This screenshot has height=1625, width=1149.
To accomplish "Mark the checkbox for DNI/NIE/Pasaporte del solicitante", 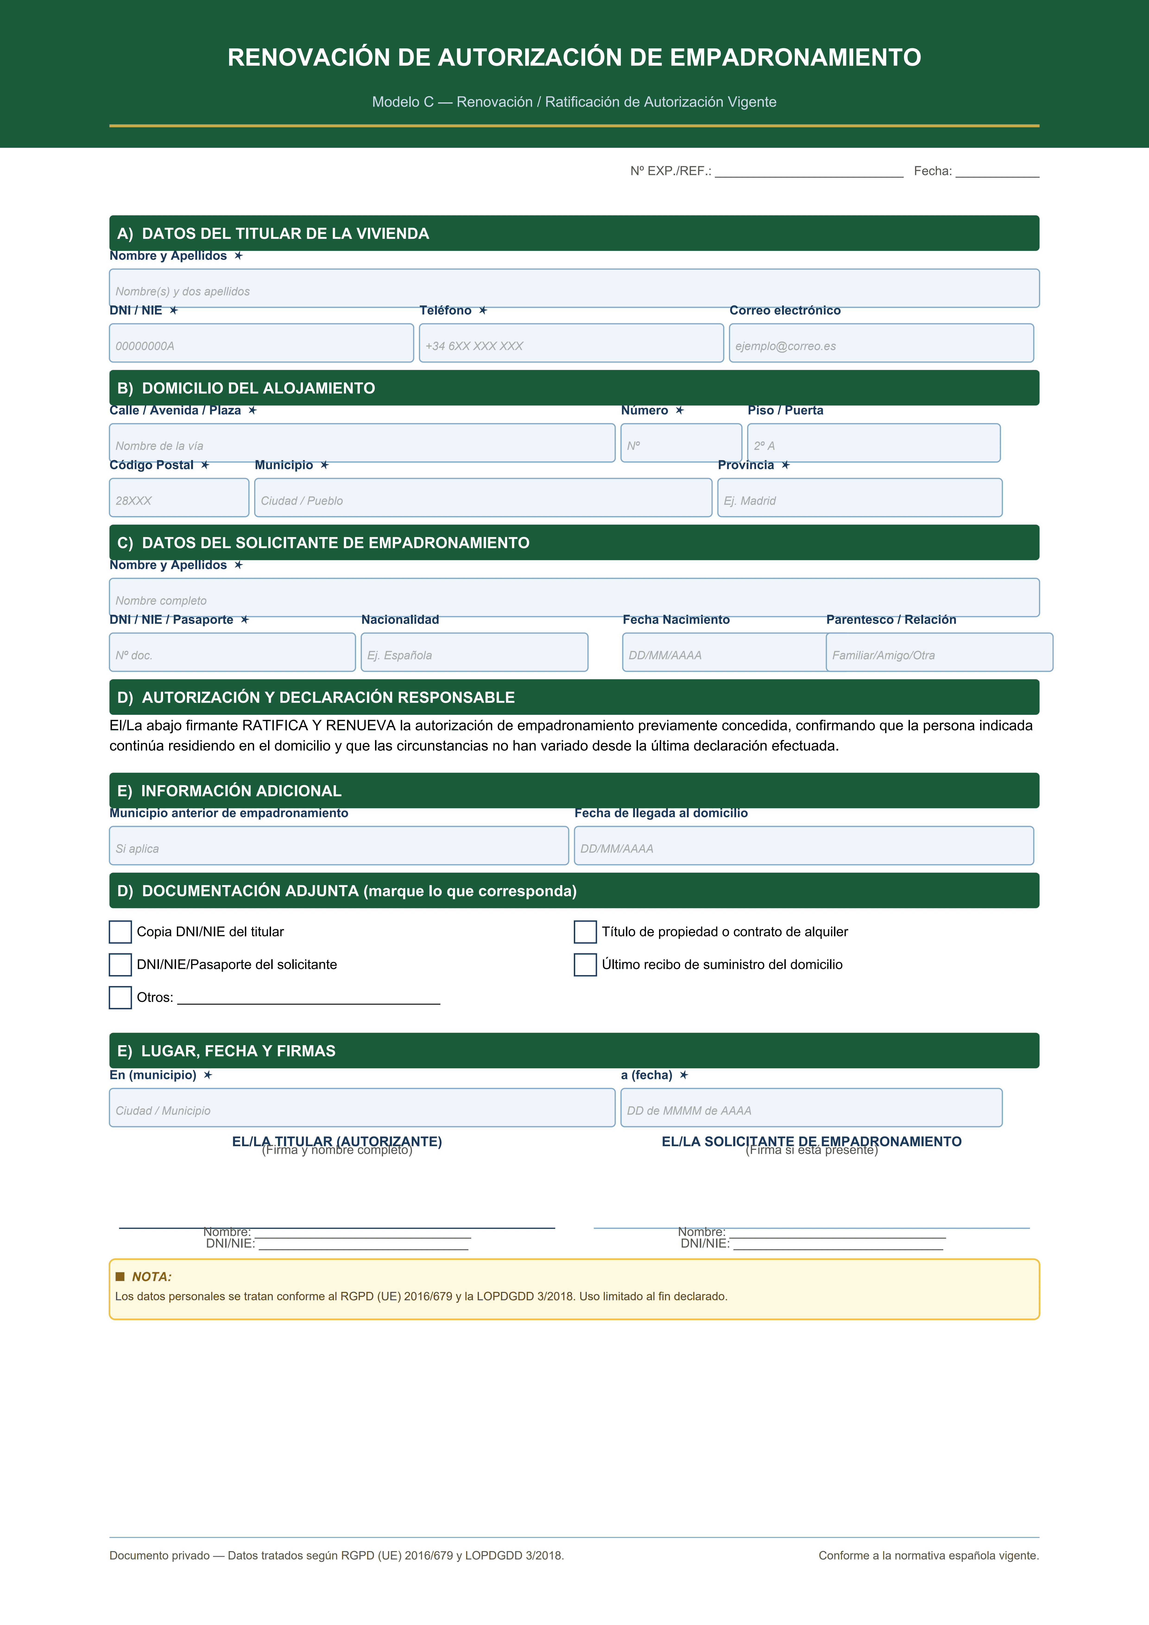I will point(120,965).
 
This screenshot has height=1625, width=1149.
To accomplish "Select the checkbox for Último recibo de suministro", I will point(585,965).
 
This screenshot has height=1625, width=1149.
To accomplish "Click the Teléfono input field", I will point(571,343).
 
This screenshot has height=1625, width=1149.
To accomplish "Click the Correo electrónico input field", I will point(881,343).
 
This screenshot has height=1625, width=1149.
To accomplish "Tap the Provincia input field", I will point(859,498).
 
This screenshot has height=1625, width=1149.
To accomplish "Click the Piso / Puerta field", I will point(874,443).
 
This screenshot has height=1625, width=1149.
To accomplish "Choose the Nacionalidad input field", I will point(474,652).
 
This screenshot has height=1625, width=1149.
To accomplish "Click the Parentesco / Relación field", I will point(939,652).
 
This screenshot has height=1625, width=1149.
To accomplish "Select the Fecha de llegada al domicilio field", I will point(804,846).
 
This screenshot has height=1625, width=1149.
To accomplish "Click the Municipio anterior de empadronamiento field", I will point(338,846).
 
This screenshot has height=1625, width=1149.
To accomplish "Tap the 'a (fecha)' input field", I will point(811,1108).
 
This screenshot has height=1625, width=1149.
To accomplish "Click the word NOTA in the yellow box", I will point(152,1277).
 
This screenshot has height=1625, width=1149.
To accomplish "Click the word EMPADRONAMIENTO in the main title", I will point(795,57).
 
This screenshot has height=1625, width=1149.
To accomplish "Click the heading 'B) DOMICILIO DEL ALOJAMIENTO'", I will point(246,388).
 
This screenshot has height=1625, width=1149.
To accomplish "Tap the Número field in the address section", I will point(681,443).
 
